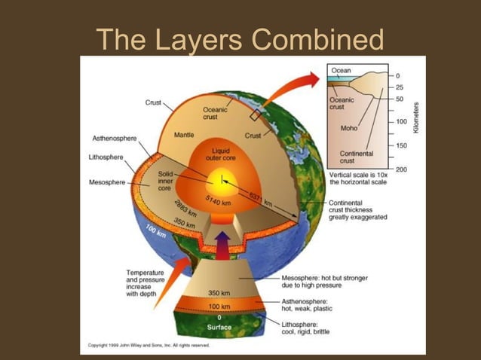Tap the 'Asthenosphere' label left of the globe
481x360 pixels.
pyautogui.click(x=115, y=139)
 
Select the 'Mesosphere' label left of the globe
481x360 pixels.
pyautogui.click(x=108, y=182)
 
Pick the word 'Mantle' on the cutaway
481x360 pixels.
pyautogui.click(x=184, y=136)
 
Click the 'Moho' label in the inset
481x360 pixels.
pyautogui.click(x=348, y=128)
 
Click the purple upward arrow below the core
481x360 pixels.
pyautogui.click(x=222, y=243)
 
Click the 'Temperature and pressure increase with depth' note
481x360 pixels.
pyautogui.click(x=145, y=283)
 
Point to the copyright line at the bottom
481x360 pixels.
pyautogui.click(x=149, y=345)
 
